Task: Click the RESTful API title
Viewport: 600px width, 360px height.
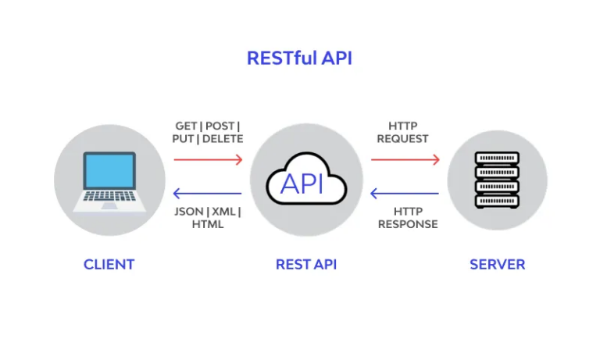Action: (x=299, y=59)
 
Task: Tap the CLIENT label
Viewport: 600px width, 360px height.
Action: (x=109, y=264)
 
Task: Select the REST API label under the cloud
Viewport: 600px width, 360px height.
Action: (x=306, y=264)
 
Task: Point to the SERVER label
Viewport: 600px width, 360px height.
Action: (x=497, y=264)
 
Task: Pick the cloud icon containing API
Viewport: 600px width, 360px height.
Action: (x=305, y=181)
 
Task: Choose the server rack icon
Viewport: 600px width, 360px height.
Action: (x=497, y=180)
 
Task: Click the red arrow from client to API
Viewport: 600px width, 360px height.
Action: (x=208, y=159)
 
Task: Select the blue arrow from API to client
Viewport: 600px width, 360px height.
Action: (x=208, y=194)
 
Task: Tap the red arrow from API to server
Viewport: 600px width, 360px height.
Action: (x=405, y=159)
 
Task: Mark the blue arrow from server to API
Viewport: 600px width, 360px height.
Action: (x=405, y=194)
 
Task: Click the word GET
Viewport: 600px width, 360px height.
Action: (x=186, y=126)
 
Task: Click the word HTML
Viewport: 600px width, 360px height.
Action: (x=208, y=224)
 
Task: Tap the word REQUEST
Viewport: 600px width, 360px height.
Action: (x=402, y=139)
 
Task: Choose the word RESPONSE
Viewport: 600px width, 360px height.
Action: (x=408, y=224)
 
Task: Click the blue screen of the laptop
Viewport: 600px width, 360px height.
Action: (x=109, y=171)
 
